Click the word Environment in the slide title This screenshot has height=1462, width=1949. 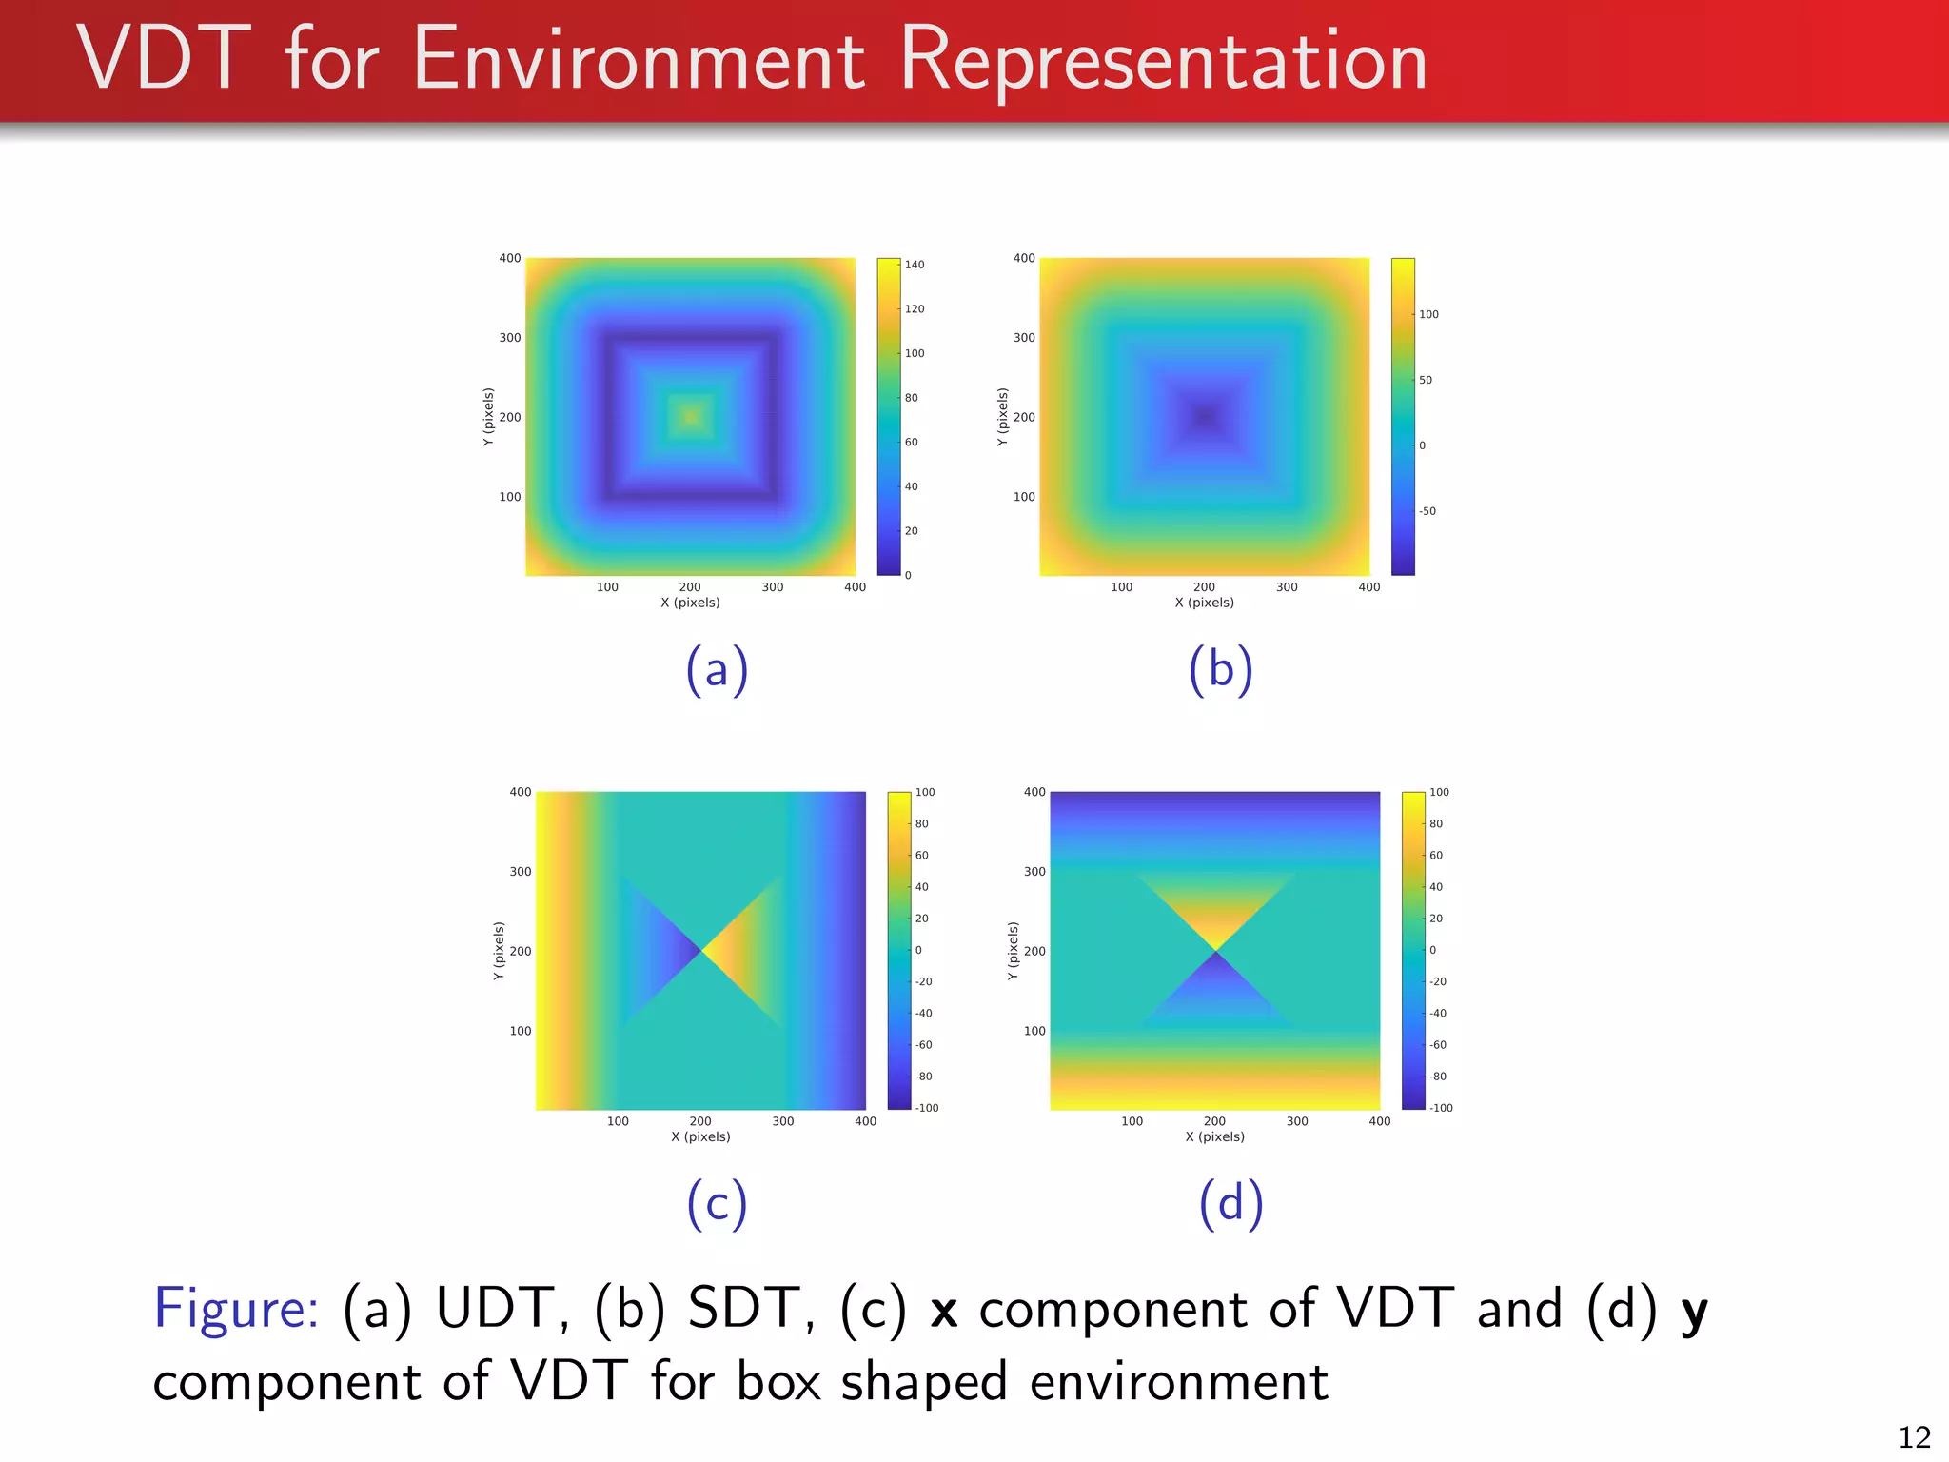[x=639, y=61]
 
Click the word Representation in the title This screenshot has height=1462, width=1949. [x=1163, y=61]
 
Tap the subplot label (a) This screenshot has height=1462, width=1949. [x=717, y=669]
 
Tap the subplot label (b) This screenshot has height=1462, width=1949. [x=1220, y=669]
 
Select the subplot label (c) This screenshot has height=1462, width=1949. [x=717, y=1203]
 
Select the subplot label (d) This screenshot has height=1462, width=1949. [x=1230, y=1203]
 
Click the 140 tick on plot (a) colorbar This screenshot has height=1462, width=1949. [x=914, y=265]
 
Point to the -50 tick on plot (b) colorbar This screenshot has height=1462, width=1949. [x=1427, y=511]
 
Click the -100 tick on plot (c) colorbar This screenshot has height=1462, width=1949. [x=927, y=1108]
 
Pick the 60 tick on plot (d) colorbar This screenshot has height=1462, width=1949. [x=1436, y=856]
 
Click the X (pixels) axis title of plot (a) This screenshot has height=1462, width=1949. [x=690, y=603]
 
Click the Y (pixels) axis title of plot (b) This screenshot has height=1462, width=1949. [x=1002, y=417]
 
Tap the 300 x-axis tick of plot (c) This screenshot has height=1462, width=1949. [x=783, y=1121]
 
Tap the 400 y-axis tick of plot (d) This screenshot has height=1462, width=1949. [x=1034, y=792]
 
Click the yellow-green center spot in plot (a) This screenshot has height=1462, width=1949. [x=691, y=416]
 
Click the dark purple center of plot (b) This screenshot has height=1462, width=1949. [x=1205, y=416]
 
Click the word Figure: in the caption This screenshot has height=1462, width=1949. [x=236, y=1308]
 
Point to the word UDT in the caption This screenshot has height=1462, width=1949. [x=496, y=1308]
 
